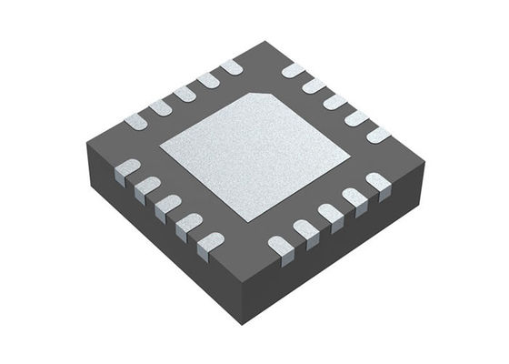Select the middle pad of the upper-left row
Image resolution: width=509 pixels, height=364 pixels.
tap(185, 92)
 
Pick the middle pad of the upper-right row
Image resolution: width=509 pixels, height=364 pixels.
tap(335, 101)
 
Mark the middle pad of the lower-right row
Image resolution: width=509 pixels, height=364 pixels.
tap(330, 215)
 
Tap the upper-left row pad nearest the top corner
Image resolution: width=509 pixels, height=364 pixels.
tap(232, 66)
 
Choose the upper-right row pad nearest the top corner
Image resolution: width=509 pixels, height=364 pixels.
tap(293, 70)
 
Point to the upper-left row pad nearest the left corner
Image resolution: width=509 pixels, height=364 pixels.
tap(136, 118)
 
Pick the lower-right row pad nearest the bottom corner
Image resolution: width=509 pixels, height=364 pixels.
tap(281, 245)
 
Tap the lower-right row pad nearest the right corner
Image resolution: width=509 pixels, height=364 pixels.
tap(378, 183)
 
